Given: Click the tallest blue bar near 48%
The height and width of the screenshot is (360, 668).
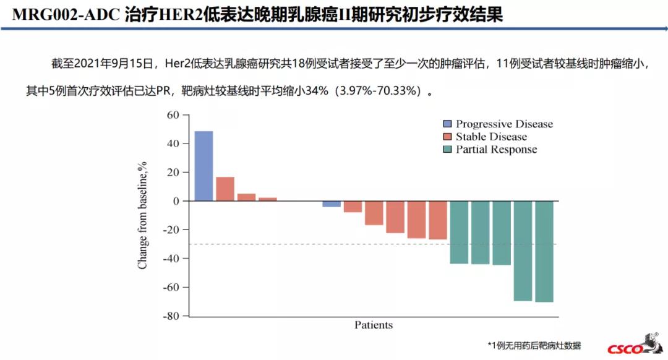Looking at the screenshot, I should pos(203,166).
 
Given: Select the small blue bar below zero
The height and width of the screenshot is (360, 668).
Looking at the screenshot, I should pos(332,204).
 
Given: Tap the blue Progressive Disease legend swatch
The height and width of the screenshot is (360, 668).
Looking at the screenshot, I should pos(448,124).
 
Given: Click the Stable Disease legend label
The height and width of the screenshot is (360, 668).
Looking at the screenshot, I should pos(491,137).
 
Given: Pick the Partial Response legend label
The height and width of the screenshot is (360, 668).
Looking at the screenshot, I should pos(496,150).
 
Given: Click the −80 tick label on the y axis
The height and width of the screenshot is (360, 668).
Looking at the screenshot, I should pos(170,316).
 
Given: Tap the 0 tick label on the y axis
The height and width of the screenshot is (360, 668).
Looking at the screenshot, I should pos(176,201).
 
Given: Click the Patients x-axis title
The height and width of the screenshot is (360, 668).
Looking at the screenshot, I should pos(374,325).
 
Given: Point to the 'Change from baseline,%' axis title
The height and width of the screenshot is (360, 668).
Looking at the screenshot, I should pos(143,215).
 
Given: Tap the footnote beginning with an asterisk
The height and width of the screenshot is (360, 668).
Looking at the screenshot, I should pos(534,346).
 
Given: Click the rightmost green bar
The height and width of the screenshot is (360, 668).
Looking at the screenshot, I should pos(544,251).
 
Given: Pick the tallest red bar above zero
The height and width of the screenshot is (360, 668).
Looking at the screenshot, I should pos(225,189).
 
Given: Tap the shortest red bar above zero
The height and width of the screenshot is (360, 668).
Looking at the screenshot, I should pos(268,199).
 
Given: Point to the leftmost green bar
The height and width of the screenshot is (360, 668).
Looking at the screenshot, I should pos(459,232).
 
